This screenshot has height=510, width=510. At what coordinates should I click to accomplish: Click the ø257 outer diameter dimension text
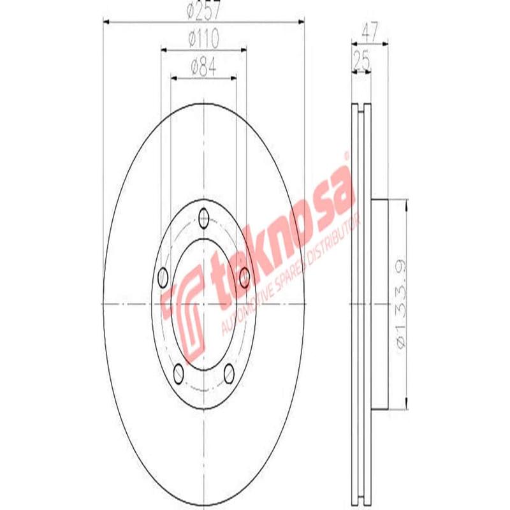point(203,11)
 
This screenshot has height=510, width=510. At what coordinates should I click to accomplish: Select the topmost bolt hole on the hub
point(204,217)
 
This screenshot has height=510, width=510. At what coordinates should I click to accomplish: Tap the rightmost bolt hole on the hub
point(244,277)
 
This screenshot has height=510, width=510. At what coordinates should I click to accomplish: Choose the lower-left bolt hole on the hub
point(179,373)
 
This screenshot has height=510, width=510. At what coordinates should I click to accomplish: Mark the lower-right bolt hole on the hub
point(229,373)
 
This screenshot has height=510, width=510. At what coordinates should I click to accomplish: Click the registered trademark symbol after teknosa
point(346,155)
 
